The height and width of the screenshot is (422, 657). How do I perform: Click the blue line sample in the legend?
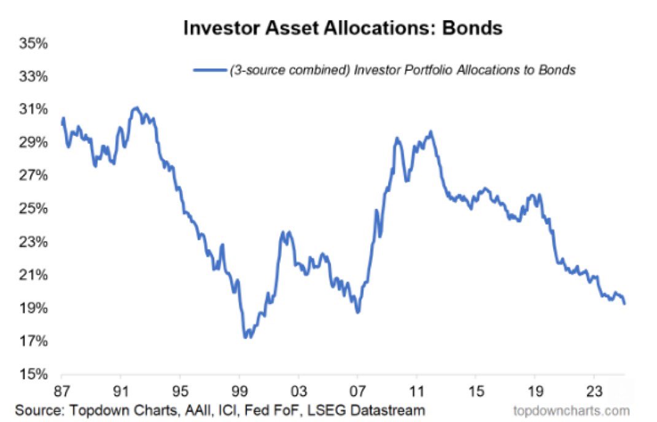pyautogui.click(x=209, y=70)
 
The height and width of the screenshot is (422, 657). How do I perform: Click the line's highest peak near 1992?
pyautogui.click(x=136, y=108)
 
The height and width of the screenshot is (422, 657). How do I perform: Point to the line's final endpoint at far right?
pyautogui.click(x=624, y=303)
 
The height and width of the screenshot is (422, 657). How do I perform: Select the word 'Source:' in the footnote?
pyautogui.click(x=41, y=409)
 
